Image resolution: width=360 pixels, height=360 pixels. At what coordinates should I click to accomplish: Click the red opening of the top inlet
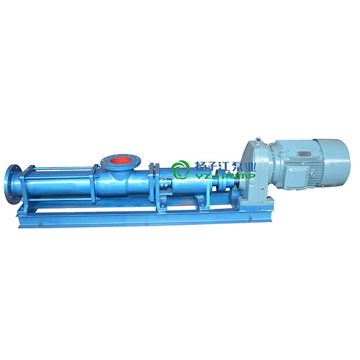coord(120,160)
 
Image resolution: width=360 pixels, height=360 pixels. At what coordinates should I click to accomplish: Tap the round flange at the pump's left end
coord(13,184)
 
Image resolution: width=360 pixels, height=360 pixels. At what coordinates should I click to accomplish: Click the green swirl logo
coord(180,170)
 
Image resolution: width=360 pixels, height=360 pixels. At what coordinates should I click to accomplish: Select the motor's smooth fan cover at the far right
coord(334,160)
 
